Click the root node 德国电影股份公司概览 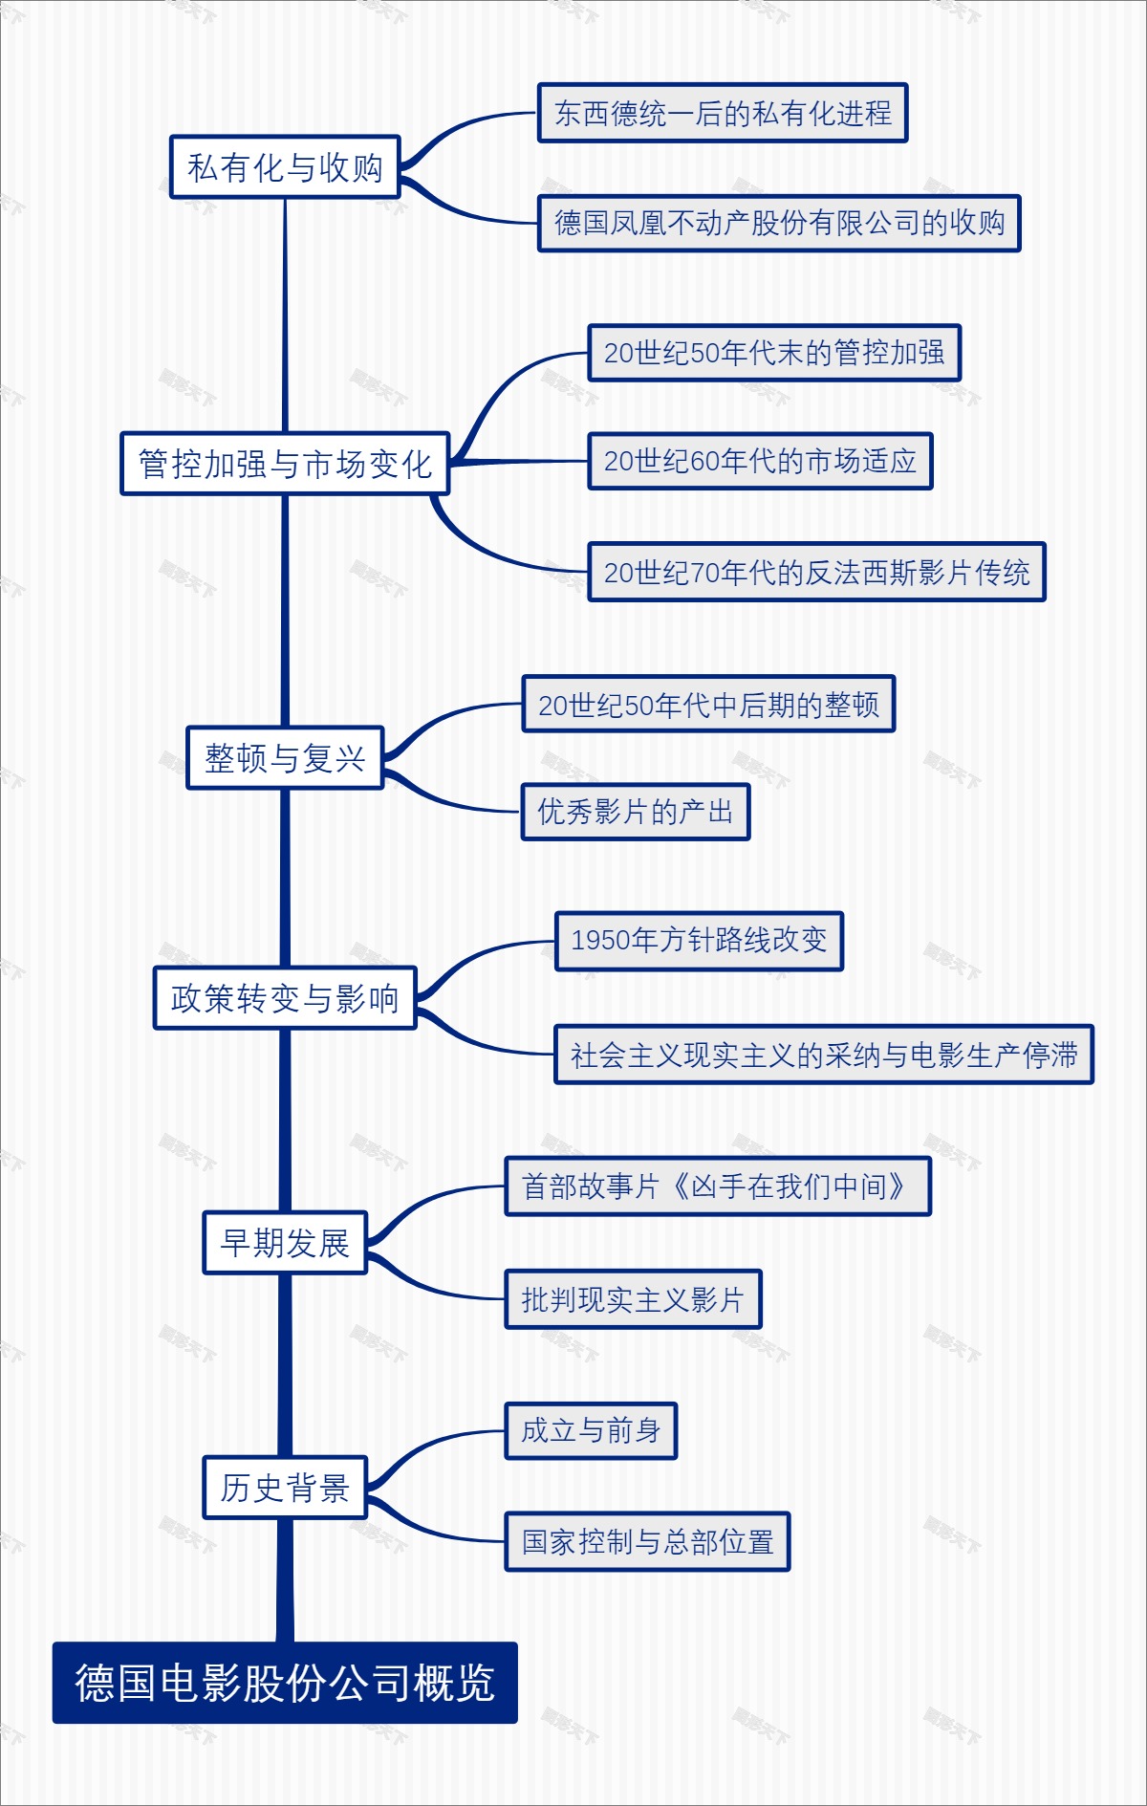click(285, 1683)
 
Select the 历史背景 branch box click(285, 1488)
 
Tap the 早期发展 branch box click(285, 1243)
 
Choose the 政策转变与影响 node click(285, 998)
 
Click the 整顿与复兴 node click(285, 758)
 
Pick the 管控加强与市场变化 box click(285, 464)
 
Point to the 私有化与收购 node click(285, 167)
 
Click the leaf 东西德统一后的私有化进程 click(723, 113)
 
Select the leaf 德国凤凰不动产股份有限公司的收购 click(779, 223)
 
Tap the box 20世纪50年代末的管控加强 click(774, 353)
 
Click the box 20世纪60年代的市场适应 click(760, 461)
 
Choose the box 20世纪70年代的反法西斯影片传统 click(816, 572)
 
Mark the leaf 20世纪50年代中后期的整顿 click(708, 705)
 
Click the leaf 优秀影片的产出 click(636, 812)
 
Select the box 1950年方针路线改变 click(699, 941)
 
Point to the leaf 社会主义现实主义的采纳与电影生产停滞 click(824, 1055)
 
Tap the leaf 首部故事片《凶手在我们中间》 click(717, 1186)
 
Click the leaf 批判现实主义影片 click(633, 1299)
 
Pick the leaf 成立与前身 click(591, 1430)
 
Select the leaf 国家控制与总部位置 click(647, 1541)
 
